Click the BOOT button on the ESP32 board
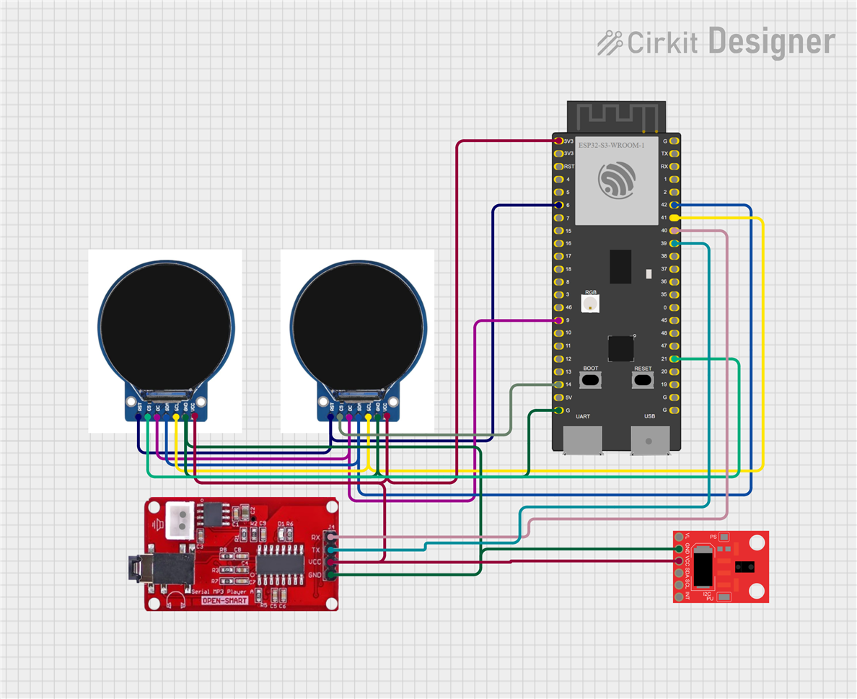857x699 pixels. click(591, 379)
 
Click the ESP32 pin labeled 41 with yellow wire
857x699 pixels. click(673, 218)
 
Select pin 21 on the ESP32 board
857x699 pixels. click(673, 359)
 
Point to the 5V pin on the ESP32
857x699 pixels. click(558, 397)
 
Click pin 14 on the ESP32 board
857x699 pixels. click(558, 384)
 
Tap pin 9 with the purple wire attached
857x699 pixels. click(558, 320)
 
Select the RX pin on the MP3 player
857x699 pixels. click(330, 537)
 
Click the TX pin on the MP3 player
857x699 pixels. click(330, 550)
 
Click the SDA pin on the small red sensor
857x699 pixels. click(679, 573)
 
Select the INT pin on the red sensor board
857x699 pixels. click(679, 597)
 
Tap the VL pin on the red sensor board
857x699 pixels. click(679, 537)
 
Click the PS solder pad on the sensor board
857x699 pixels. click(724, 537)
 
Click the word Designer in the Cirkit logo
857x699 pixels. click(771, 42)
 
